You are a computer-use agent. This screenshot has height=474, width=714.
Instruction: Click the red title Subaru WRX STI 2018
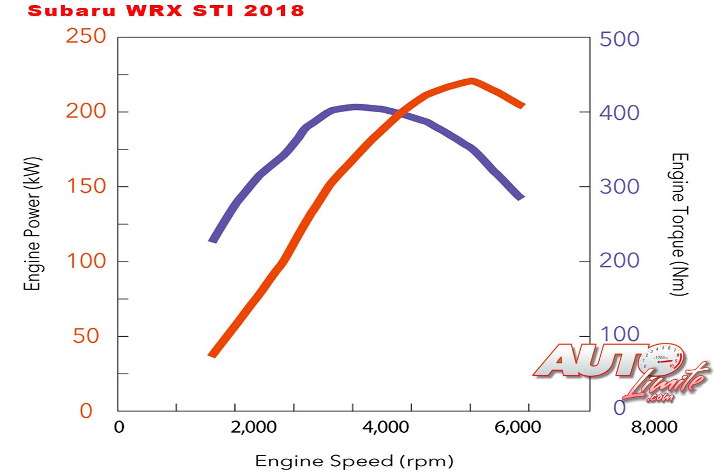166,11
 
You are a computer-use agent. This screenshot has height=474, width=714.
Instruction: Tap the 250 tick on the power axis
86,37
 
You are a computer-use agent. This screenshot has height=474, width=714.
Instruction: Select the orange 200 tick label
86,112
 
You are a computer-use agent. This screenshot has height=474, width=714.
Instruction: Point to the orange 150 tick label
86,186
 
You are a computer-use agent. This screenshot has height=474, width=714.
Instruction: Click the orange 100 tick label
86,261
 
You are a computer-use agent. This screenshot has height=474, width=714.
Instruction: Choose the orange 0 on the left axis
86,411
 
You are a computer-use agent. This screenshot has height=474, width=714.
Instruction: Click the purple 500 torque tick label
619,39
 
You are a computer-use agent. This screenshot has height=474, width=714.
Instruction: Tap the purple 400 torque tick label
619,113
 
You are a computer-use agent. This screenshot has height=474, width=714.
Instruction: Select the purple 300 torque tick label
619,187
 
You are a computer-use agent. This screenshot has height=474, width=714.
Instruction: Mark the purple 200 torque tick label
619,261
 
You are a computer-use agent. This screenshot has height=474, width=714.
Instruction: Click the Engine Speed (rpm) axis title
354,461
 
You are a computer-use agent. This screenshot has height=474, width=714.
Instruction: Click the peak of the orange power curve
472,81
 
